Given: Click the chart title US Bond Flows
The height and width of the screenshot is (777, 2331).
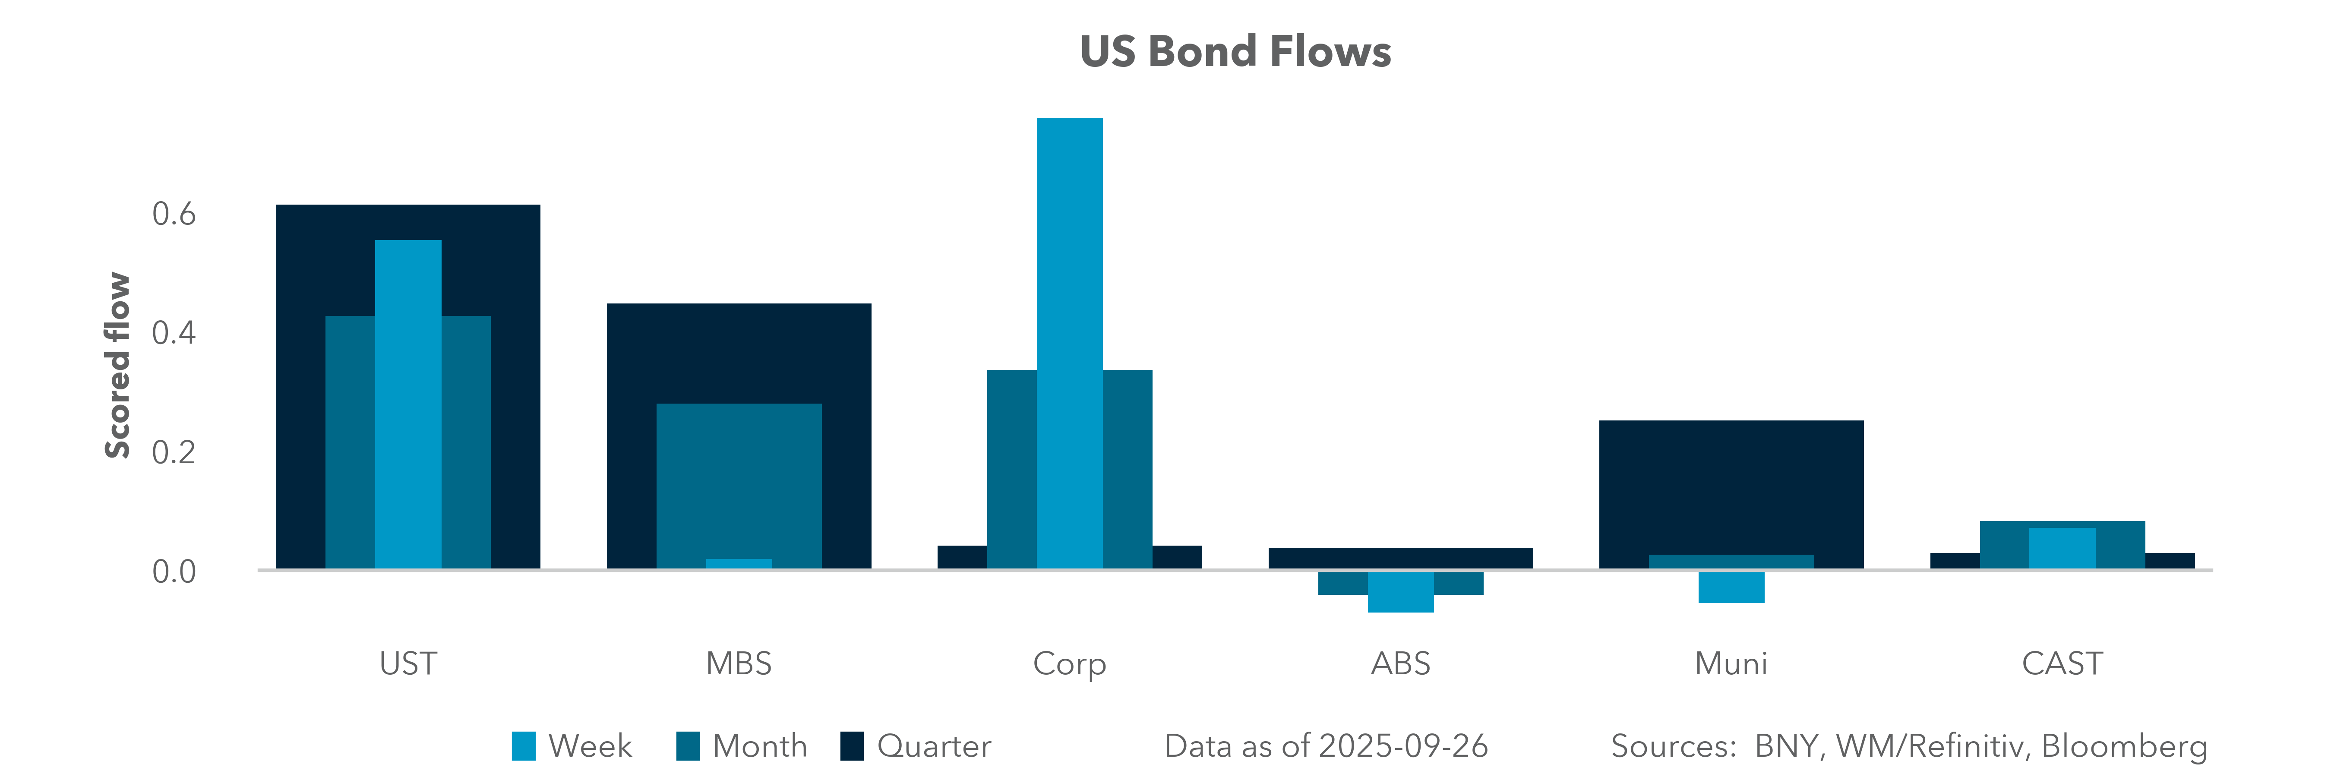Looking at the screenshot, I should click(x=1235, y=51).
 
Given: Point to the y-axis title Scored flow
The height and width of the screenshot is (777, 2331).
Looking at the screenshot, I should click(x=118, y=366).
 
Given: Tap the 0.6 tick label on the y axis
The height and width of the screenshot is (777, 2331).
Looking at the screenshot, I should click(x=174, y=215).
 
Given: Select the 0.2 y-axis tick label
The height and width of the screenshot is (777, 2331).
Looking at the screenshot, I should click(x=174, y=452).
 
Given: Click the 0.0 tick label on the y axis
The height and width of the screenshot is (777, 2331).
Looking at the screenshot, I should click(x=174, y=572).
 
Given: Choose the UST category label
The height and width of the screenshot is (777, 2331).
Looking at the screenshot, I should click(x=408, y=664).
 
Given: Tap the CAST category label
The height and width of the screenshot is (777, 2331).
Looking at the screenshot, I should click(x=2062, y=664).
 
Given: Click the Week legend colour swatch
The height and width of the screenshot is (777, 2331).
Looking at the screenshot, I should click(x=523, y=746).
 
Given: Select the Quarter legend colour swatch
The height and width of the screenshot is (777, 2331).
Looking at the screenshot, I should click(x=852, y=746).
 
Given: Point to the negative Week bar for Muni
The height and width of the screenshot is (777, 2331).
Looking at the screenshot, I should click(x=1731, y=587).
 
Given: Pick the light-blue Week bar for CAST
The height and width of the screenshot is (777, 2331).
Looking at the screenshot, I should click(x=2062, y=548).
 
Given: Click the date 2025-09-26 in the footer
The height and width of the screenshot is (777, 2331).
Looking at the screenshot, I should click(x=1402, y=746).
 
